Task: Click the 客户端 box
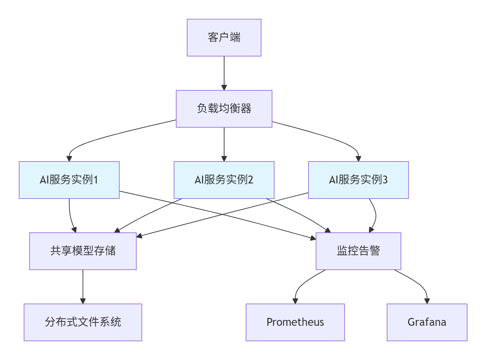coord(224,38)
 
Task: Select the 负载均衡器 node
coord(224,109)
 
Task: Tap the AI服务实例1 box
coord(69,180)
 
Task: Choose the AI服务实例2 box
coord(224,180)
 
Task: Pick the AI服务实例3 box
coord(358,180)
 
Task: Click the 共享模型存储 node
coord(83,251)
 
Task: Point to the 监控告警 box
coord(358,251)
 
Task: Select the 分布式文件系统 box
coord(83,322)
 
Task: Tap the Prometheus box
coord(295,322)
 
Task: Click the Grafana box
coord(427,322)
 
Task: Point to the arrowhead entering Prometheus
coord(295,301)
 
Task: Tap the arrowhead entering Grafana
coord(427,301)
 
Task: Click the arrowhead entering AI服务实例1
coord(69,158)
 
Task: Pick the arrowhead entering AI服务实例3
coord(358,158)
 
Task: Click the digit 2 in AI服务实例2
coord(250,180)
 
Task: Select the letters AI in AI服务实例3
coord(333,180)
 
